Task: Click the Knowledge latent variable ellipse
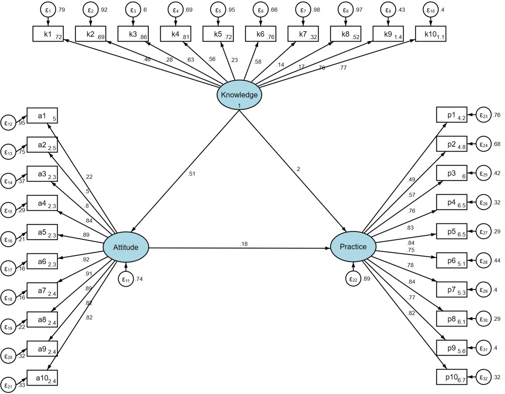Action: click(x=239, y=95)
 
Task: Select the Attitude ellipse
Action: click(x=126, y=247)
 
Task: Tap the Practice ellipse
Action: click(x=353, y=247)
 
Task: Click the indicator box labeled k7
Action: click(x=303, y=34)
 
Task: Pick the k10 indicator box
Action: click(x=431, y=34)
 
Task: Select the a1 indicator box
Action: click(x=42, y=115)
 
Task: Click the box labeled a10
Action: click(x=42, y=378)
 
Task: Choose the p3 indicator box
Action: click(x=452, y=173)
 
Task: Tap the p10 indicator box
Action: click(x=452, y=377)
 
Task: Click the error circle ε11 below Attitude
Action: click(x=126, y=279)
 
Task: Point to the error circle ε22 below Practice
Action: click(x=353, y=279)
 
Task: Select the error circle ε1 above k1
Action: click(x=48, y=10)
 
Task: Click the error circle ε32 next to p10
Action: click(x=483, y=377)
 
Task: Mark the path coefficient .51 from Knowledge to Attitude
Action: click(x=191, y=174)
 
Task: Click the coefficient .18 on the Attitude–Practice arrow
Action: click(x=244, y=244)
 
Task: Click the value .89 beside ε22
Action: click(x=366, y=279)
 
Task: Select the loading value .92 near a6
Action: click(x=85, y=259)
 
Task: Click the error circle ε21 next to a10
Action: click(x=8, y=385)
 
